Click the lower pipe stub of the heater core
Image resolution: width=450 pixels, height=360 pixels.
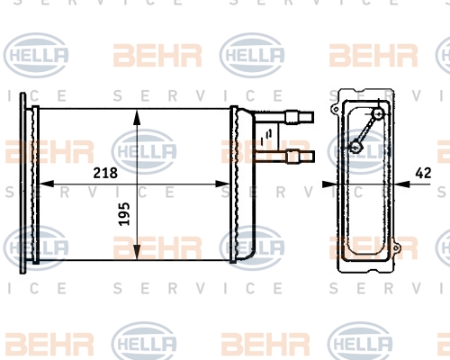tap(296, 157)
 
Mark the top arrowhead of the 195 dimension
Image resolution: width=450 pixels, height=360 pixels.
tap(136, 116)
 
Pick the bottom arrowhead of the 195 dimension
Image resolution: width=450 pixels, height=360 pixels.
tap(136, 256)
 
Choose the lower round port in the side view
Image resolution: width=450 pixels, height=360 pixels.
tap(355, 147)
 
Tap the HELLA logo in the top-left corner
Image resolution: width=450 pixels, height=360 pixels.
tap(38, 55)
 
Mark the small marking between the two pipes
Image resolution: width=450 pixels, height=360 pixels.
tap(262, 138)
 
